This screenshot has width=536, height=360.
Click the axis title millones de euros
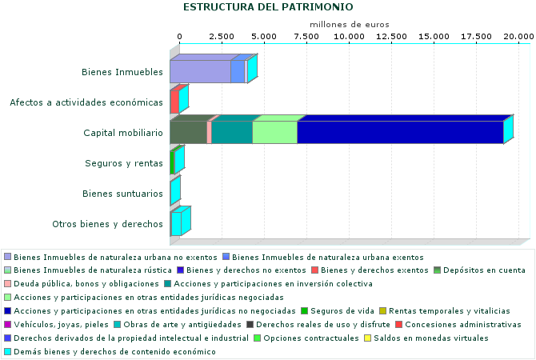pos(349,25)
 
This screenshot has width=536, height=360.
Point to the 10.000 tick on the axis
pos(349,37)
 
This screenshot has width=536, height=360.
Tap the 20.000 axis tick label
pos(519,37)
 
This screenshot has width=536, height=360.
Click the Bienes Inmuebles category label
pos(122,72)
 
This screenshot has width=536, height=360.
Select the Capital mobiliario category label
pos(122,133)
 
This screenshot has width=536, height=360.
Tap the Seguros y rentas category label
pos(123,163)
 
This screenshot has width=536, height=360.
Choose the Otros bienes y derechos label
pos(107,224)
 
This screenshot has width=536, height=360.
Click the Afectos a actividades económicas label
pos(86,102)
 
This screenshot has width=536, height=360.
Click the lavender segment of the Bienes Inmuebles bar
pos(200,72)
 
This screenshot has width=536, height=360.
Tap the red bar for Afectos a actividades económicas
pos(174,102)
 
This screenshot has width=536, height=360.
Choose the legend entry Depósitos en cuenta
pos(484,270)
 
